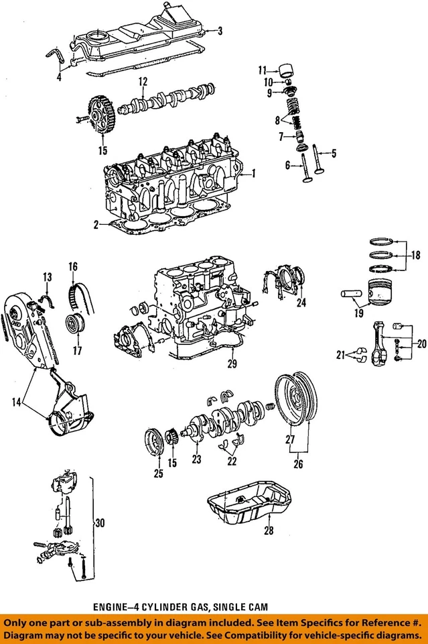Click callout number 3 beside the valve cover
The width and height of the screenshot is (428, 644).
tap(220, 30)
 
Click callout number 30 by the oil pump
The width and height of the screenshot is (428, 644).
tap(99, 523)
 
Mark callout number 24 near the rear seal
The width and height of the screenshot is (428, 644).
tap(301, 302)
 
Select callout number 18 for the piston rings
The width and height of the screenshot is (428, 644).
tap(415, 256)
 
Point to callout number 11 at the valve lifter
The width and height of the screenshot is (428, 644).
tap(263, 69)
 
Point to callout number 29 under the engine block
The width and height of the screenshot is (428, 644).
tap(232, 364)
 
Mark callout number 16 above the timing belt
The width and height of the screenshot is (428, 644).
tap(73, 267)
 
